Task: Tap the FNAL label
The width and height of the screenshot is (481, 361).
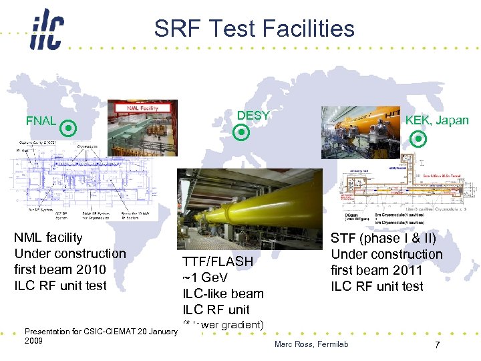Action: [41, 121]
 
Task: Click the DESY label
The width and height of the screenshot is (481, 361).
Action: [253, 116]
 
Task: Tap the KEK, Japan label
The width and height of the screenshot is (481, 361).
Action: [437, 120]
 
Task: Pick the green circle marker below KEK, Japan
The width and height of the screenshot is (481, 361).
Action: [418, 139]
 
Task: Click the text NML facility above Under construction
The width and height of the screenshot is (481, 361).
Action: [48, 237]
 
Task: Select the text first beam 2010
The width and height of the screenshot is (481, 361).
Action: [60, 269]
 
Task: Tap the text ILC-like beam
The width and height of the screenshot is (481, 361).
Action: [223, 293]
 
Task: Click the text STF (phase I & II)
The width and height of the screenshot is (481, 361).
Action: [383, 238]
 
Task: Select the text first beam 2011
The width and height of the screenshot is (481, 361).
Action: [377, 270]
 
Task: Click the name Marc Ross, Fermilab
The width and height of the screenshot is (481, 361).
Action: [311, 344]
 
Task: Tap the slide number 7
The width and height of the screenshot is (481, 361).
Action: [436, 345]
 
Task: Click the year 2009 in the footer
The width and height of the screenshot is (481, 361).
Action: [33, 340]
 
